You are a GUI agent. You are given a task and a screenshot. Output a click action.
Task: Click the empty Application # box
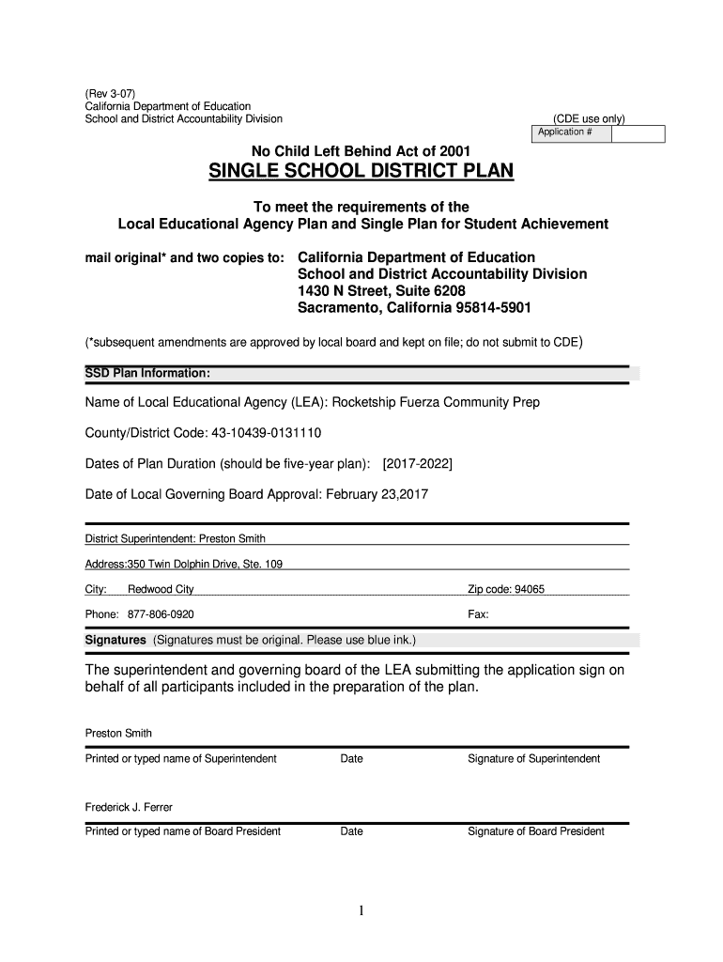click(x=638, y=133)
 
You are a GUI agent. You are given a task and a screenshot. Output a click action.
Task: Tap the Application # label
click(x=564, y=132)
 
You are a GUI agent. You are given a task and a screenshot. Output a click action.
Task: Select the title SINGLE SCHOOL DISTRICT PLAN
click(x=361, y=172)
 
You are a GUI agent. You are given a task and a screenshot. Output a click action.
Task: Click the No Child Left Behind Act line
click(x=361, y=150)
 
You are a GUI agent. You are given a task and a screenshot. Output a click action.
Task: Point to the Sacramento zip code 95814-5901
click(x=497, y=308)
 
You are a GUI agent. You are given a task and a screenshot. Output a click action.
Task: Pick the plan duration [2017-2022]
click(x=418, y=464)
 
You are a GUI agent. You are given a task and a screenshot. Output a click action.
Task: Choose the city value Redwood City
click(x=161, y=589)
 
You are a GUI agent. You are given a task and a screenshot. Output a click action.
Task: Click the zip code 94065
click(x=529, y=589)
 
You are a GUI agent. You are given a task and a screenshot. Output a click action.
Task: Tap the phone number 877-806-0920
click(x=161, y=614)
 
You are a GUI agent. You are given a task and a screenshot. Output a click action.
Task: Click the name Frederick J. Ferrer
click(x=129, y=807)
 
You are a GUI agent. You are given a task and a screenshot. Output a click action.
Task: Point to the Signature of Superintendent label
click(x=533, y=758)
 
